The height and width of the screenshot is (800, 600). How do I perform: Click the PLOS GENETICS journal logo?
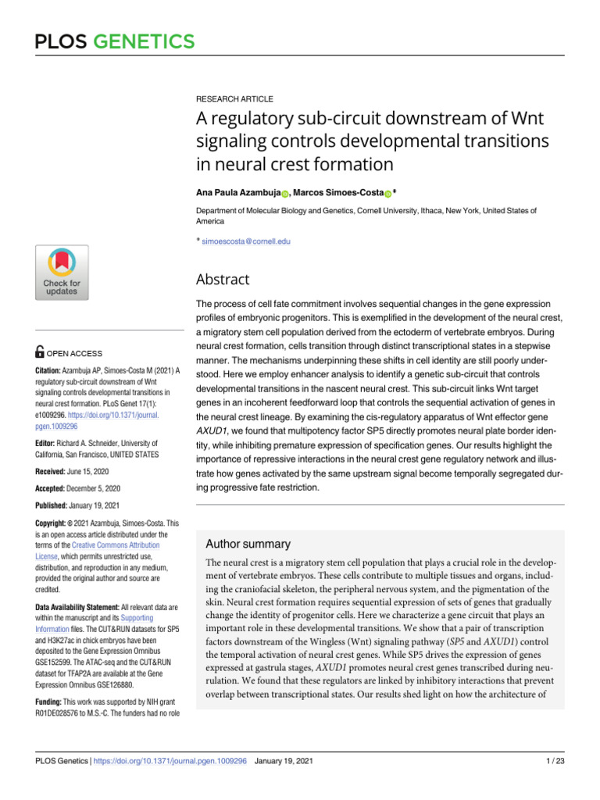pos(115,41)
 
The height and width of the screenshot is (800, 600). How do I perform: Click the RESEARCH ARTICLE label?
pos(234,99)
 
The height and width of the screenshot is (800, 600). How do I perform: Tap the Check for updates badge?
pos(62,272)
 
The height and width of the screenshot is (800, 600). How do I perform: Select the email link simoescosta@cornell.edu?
pos(246,242)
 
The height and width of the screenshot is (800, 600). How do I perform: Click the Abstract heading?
pos(223,279)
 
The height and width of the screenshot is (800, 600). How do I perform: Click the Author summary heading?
pos(248,544)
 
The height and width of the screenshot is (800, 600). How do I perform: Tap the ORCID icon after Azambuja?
pos(285,193)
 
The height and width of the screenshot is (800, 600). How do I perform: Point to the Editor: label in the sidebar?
pos(52,443)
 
